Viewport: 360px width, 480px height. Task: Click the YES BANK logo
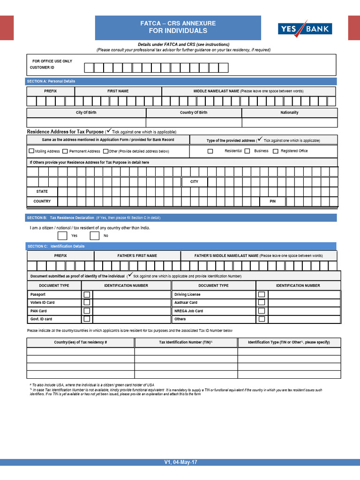305,29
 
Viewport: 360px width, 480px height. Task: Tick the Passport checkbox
87,295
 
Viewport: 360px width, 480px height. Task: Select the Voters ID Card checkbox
87,303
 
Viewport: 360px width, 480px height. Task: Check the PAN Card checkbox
87,311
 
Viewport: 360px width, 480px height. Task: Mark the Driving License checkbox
262,295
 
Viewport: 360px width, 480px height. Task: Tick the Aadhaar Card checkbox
262,303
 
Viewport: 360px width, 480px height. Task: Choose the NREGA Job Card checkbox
262,311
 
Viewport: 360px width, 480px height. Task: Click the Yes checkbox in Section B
62,235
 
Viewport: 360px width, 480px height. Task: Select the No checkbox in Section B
95,235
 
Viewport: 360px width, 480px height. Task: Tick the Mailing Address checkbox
31,151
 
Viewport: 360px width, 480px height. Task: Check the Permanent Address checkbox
65,151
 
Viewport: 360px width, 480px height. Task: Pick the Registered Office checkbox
276,151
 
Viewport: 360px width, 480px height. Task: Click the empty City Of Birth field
86,122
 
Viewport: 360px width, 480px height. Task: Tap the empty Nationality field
289,122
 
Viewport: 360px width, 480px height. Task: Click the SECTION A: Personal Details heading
51,82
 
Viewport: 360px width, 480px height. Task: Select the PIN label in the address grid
272,201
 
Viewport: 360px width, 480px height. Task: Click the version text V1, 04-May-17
180,462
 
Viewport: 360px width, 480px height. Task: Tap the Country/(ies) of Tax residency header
81,343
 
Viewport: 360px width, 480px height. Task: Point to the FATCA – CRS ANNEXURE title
178,23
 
